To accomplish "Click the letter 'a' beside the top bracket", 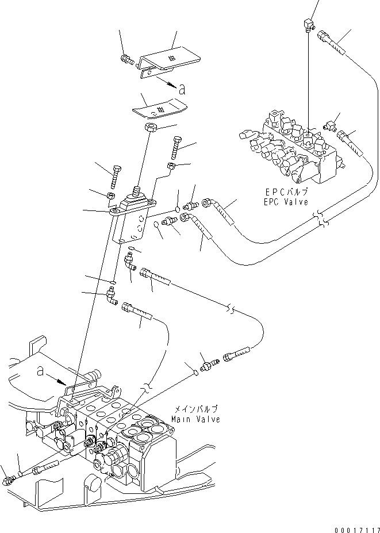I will tap(182, 89).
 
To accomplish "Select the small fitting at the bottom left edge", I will tap(9, 479).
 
